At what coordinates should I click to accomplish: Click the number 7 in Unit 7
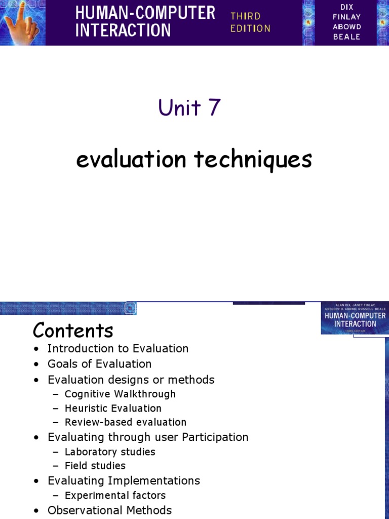coord(214,107)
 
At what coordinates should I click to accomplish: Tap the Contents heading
coord(73,330)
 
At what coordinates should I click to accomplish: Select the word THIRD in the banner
coord(246,16)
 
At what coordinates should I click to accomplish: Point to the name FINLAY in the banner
coord(346,17)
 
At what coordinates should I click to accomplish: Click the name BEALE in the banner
coord(346,37)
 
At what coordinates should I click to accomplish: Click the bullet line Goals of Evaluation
coord(99,364)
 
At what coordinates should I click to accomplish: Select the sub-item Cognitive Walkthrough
coord(120,394)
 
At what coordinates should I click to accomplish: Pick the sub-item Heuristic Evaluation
coord(113,408)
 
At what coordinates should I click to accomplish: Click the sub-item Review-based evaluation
coord(125,422)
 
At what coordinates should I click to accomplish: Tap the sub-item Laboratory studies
coord(110,452)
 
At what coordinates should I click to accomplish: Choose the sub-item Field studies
coord(95,465)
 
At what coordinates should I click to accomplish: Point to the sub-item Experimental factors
coord(115,495)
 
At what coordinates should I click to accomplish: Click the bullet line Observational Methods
coord(109,510)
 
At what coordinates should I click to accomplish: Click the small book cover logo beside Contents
coord(354,318)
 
